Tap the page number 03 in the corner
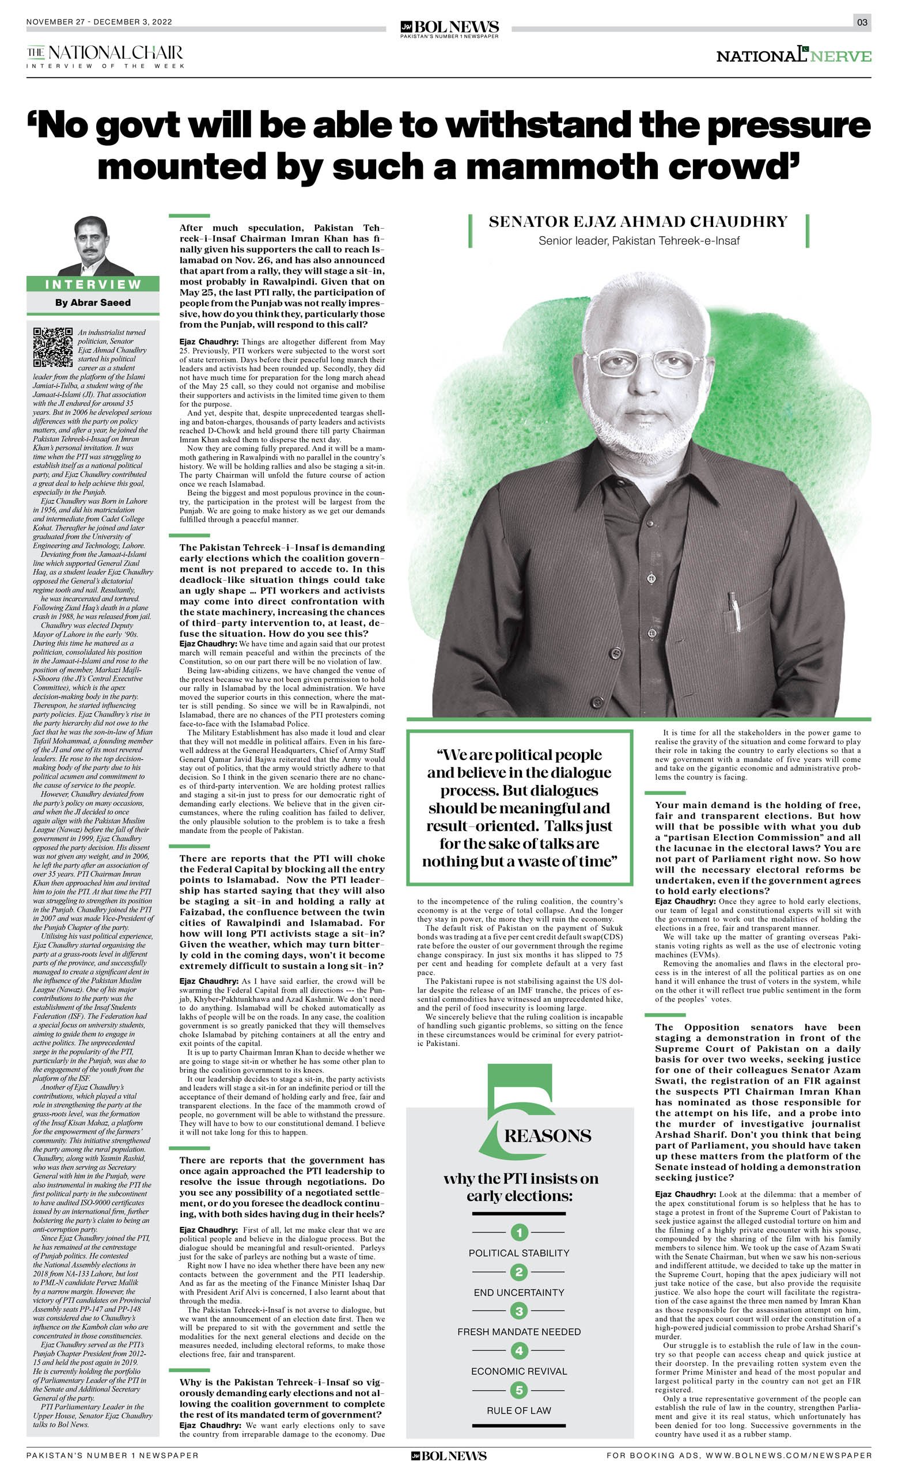[x=862, y=22]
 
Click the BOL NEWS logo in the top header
[x=449, y=28]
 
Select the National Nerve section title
[x=793, y=56]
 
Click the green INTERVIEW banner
[x=93, y=284]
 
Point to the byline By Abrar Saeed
[x=93, y=303]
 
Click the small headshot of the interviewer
[x=93, y=246]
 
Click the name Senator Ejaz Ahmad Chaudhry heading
[x=638, y=222]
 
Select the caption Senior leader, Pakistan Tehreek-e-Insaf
[x=638, y=241]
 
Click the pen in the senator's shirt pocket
[x=733, y=605]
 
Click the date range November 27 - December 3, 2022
[x=99, y=22]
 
